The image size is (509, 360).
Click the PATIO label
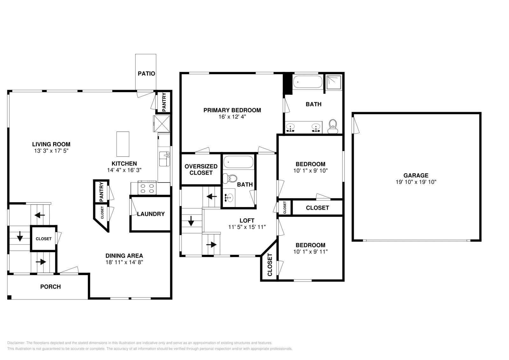pos(146,73)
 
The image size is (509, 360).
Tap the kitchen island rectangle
pos(123,144)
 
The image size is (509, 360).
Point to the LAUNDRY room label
pos(151,214)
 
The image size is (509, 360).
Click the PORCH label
pos(50,287)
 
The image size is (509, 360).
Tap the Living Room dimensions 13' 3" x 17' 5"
pos(51,151)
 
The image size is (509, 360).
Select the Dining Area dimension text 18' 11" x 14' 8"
pos(124,262)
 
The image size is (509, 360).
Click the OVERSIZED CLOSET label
pos(201,170)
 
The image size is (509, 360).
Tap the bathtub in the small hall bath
pos(238,163)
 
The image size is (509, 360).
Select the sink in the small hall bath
pos(228,198)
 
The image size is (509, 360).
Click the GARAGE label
pos(416,175)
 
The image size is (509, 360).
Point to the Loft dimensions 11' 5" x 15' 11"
pos(247,227)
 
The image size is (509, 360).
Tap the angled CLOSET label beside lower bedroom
pos(270,265)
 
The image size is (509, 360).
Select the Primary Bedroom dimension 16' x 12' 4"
pos(232,117)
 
